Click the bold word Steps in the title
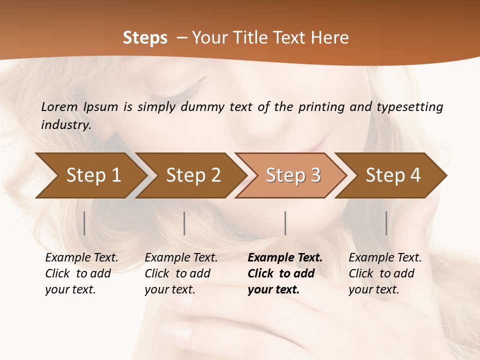[145, 38]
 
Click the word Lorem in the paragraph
[59, 107]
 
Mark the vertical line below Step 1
[84, 223]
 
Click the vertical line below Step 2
[184, 223]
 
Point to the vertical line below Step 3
[285, 223]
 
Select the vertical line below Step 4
[386, 223]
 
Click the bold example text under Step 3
[284, 273]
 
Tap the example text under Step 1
[81, 273]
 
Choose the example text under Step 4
[385, 273]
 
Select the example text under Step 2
[181, 273]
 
